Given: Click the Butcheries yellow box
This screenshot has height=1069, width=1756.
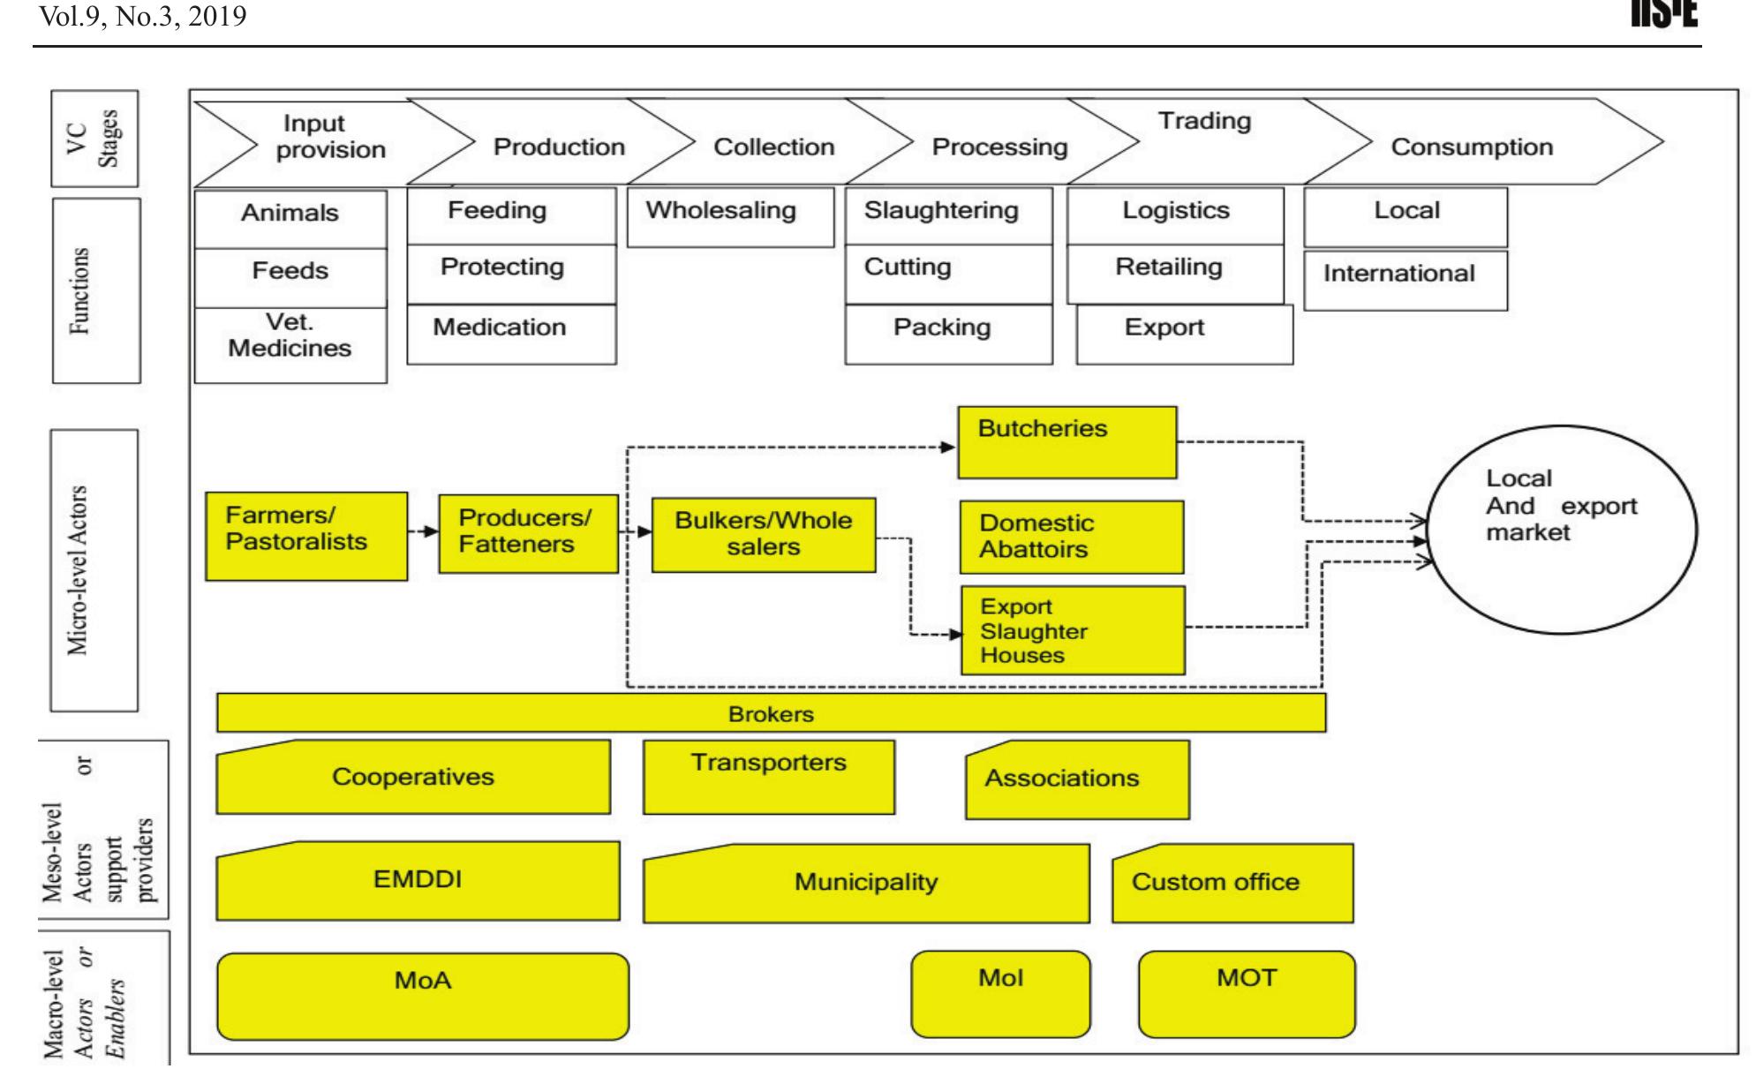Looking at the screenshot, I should [1066, 443].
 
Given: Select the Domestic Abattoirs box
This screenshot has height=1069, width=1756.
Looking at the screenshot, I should [1071, 537].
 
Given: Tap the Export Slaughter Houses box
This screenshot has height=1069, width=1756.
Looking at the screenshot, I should [1072, 630].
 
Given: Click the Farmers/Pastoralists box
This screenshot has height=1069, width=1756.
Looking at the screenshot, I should [306, 536].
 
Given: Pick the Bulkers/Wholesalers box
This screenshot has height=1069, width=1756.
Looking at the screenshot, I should [763, 535].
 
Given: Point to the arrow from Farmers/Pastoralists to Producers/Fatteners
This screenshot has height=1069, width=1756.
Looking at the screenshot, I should [423, 531].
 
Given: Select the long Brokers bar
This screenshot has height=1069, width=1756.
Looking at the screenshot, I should [770, 713].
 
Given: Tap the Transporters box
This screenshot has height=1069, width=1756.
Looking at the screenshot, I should [768, 777].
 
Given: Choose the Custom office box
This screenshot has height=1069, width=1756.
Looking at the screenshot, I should [1232, 883].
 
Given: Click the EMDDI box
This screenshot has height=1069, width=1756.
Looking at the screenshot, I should [418, 881].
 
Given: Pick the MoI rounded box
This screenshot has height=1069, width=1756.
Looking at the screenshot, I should [1000, 993].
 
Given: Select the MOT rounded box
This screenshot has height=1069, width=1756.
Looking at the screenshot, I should [1246, 993].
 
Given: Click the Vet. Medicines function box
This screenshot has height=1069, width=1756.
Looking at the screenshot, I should [290, 344].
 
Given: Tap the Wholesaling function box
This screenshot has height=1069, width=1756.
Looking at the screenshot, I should [729, 215].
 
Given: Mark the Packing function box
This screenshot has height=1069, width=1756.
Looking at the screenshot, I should [947, 334].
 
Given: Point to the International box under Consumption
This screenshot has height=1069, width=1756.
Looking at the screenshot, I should [1404, 280].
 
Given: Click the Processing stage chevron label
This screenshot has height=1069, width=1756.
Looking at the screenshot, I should [999, 147].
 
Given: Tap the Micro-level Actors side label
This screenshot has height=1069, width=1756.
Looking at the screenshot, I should [94, 570].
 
